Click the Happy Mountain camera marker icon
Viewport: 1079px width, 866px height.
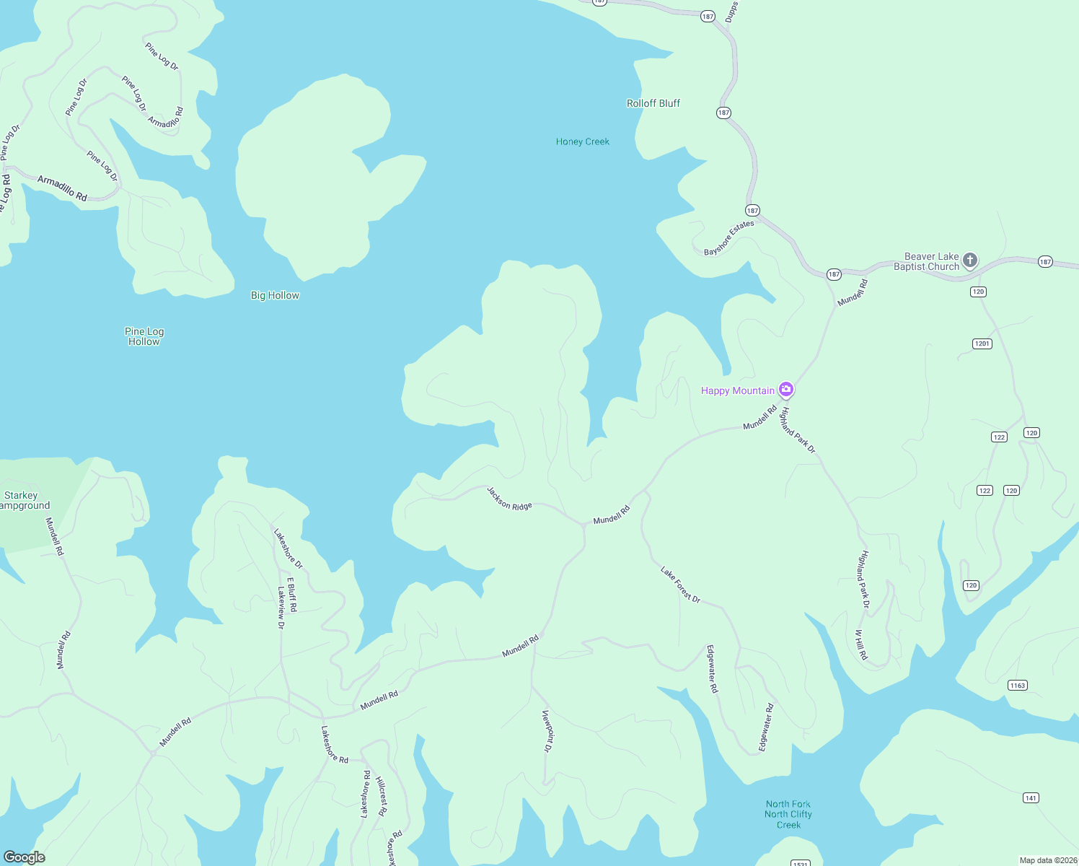[x=786, y=390]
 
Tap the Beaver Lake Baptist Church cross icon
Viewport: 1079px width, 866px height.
[x=970, y=260]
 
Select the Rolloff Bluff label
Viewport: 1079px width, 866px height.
[x=653, y=103]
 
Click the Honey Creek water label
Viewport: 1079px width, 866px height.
[x=582, y=141]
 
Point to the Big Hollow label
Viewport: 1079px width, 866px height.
[x=275, y=295]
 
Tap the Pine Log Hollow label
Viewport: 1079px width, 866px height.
[x=144, y=336]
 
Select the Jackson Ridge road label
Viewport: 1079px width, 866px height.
[x=509, y=499]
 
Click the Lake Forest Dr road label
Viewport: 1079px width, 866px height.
[x=680, y=585]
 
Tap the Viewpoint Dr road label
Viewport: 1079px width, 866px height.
[x=547, y=731]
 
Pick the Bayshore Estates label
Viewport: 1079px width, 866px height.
[x=728, y=237]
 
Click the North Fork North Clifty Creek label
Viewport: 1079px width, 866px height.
[x=788, y=814]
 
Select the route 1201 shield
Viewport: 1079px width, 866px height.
[x=982, y=344]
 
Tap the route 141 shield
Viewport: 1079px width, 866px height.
[x=1031, y=797]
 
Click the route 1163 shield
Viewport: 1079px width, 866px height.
[x=1017, y=685]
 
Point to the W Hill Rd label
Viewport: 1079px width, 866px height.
[x=861, y=644]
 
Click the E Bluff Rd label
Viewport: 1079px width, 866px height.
[x=292, y=595]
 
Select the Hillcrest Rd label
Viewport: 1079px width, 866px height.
[x=382, y=796]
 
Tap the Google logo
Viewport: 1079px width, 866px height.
[x=25, y=857]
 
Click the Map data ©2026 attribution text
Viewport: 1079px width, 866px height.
[x=1048, y=860]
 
